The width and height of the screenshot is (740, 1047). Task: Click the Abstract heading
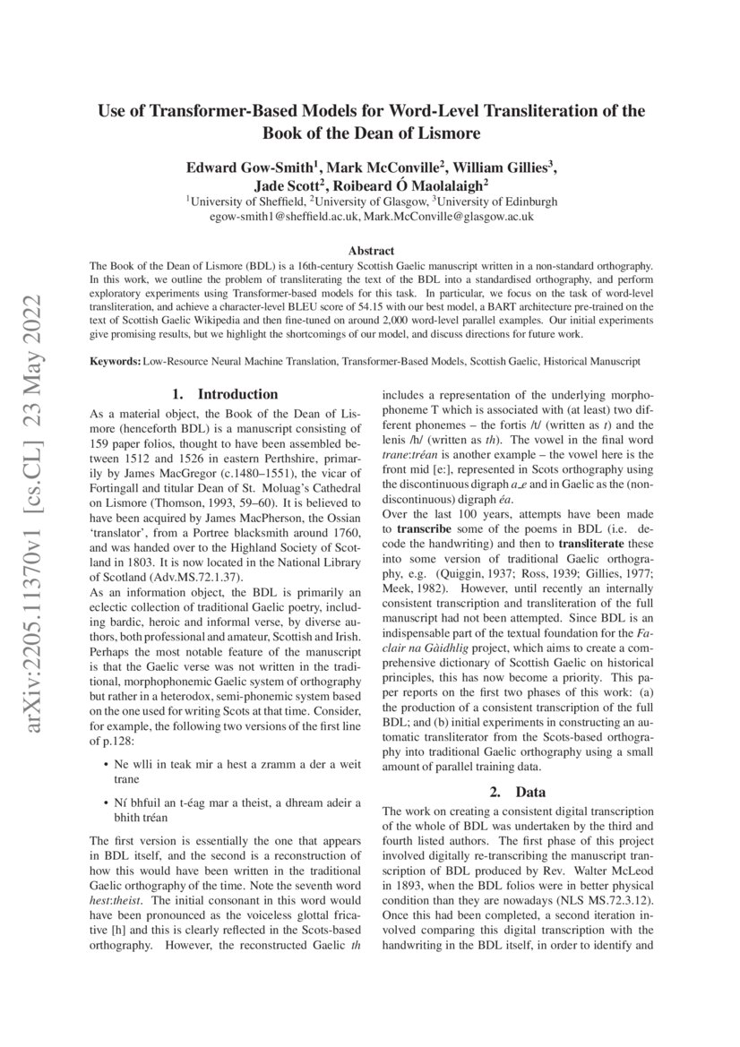[x=370, y=251]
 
